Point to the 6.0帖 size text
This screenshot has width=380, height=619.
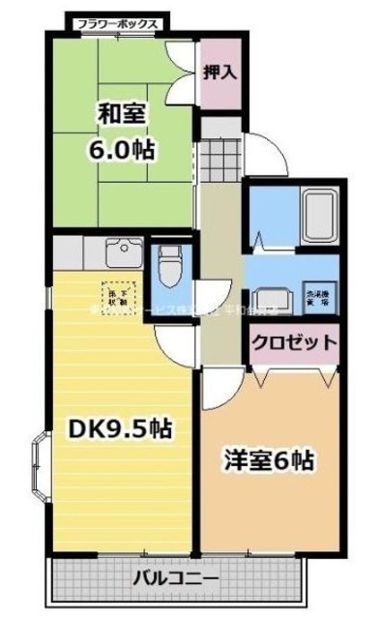tap(124, 150)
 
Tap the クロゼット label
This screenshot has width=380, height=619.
tap(295, 341)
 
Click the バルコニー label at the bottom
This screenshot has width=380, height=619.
tap(176, 580)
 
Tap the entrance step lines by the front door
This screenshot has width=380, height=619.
tap(219, 155)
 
